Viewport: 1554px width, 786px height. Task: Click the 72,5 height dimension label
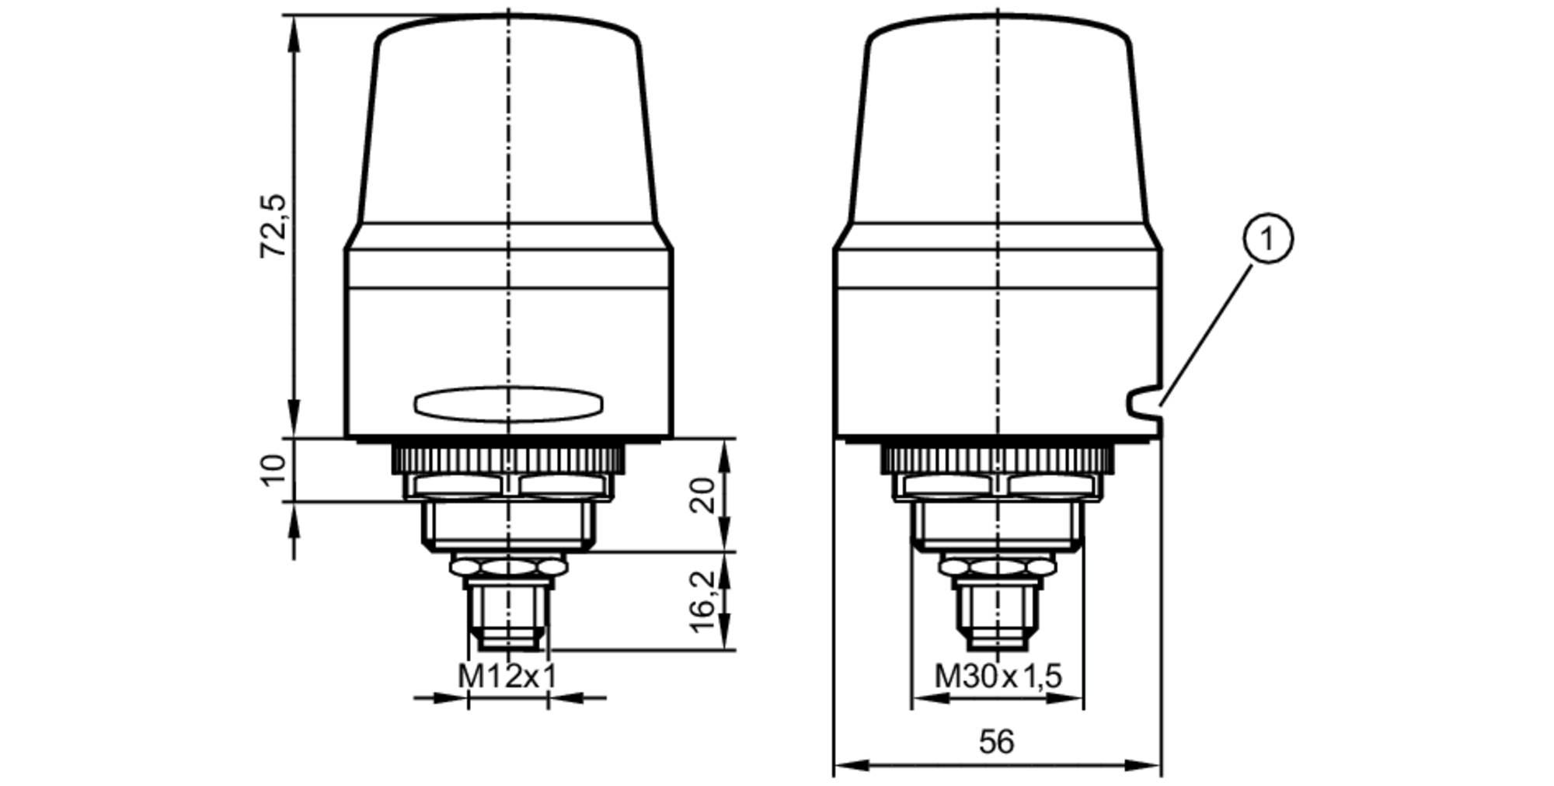[274, 226]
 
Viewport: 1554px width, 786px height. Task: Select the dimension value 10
[274, 471]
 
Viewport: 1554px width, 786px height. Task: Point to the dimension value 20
[702, 495]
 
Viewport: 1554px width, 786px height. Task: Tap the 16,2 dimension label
[702, 602]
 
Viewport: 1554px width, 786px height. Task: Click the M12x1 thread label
[507, 676]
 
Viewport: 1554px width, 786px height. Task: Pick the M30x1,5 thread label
[997, 676]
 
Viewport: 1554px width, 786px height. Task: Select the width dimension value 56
[996, 742]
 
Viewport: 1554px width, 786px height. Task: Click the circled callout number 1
[1268, 239]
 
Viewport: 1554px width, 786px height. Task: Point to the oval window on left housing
[508, 404]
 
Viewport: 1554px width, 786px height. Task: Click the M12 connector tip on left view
[508, 641]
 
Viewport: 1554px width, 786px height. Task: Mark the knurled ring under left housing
[508, 458]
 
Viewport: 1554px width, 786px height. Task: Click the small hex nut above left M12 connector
[508, 568]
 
